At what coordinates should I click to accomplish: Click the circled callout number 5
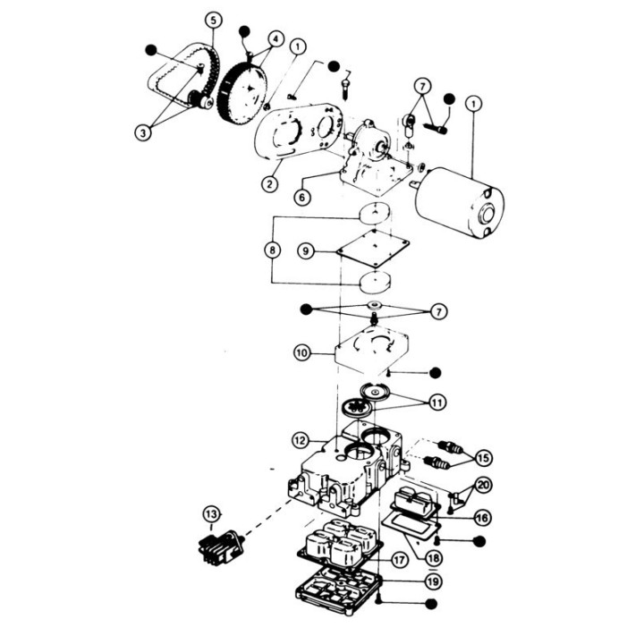point(212,19)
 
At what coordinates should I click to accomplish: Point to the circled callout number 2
point(267,185)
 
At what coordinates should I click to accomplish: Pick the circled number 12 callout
point(301,440)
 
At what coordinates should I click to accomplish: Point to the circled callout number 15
point(482,459)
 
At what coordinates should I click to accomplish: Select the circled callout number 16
point(482,517)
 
